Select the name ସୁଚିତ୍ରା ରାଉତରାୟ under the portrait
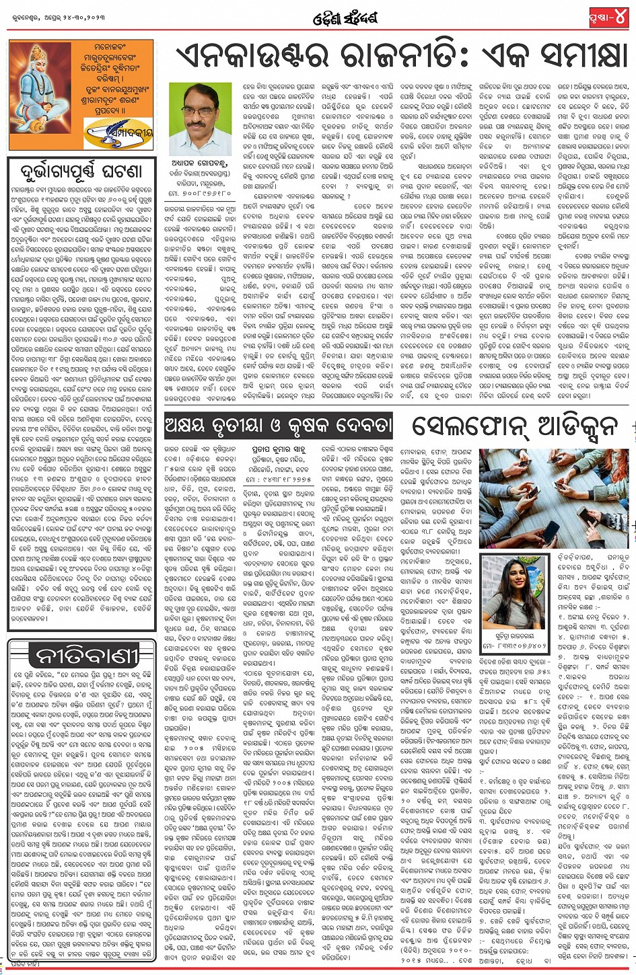click(505, 633)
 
